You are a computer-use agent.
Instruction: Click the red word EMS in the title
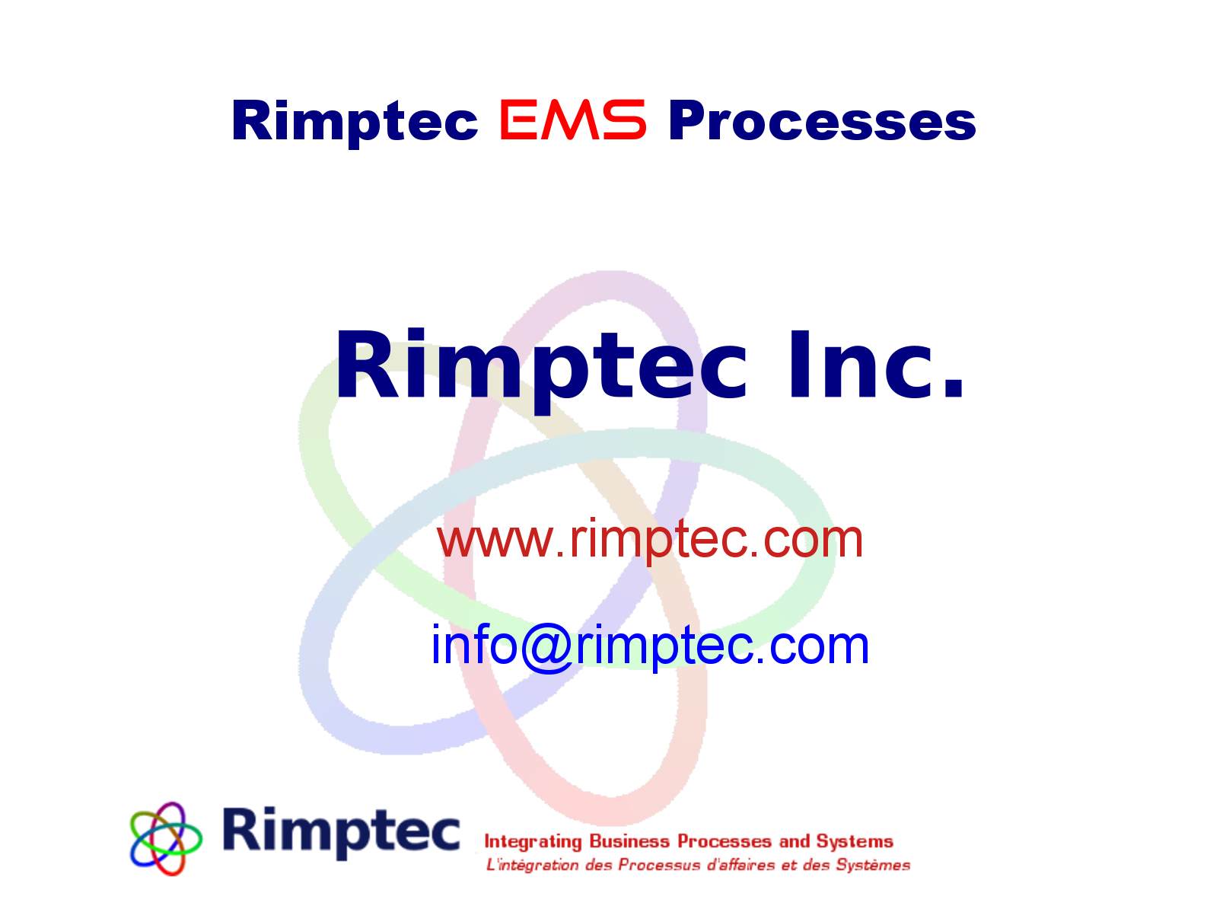pos(572,120)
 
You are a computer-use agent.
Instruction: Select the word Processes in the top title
pos(822,122)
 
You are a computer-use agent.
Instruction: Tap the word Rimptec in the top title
pos(355,122)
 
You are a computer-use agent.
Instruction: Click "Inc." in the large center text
pos(875,367)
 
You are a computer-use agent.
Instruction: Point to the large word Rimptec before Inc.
pos(540,367)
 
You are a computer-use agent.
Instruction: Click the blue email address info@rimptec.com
pos(650,646)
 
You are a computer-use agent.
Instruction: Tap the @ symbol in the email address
pos(546,646)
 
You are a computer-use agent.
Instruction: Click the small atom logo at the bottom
pos(166,837)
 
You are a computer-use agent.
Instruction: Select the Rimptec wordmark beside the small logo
pos(341,831)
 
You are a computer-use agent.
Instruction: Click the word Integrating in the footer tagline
pos(533,841)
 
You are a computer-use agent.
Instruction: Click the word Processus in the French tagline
pos(659,865)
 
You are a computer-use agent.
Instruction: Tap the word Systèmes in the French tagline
pos(873,865)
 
